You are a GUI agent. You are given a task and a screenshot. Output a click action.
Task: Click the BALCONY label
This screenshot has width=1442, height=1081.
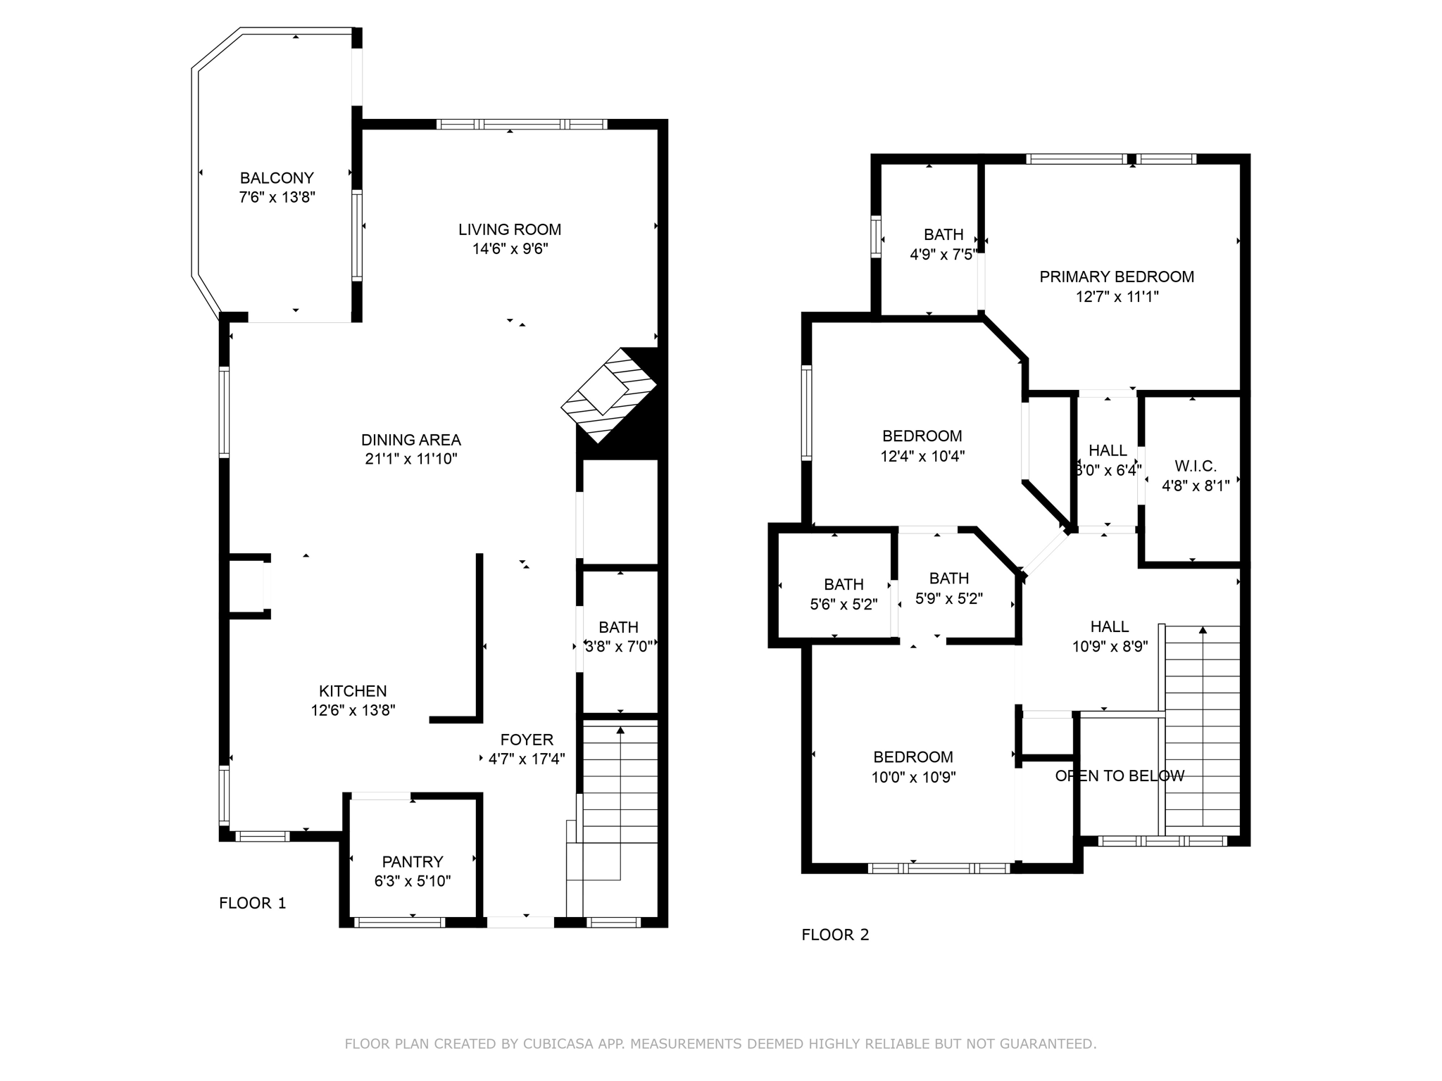click(277, 178)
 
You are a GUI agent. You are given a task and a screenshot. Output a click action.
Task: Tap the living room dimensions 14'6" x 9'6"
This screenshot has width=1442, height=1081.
click(510, 248)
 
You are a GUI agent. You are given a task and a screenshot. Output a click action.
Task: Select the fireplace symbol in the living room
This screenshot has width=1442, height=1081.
click(609, 395)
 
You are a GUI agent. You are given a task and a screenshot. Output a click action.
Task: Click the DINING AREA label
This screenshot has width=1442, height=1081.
click(410, 440)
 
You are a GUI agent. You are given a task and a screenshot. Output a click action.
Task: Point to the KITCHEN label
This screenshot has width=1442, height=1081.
click(353, 691)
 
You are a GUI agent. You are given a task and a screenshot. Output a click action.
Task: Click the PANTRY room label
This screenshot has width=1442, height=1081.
click(413, 861)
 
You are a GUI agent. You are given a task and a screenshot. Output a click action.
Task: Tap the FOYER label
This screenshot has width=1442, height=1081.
click(527, 740)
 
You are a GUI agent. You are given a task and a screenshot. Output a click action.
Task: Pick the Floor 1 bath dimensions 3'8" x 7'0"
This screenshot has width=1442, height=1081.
click(619, 646)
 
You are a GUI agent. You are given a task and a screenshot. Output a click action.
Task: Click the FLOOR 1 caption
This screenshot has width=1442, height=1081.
click(253, 903)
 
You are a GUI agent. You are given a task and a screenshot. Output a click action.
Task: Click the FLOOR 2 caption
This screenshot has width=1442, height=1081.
click(835, 935)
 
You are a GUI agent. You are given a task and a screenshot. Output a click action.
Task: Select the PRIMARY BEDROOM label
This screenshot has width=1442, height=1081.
click(1117, 277)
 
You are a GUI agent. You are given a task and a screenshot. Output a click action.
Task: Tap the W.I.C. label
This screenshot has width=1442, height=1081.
click(1196, 466)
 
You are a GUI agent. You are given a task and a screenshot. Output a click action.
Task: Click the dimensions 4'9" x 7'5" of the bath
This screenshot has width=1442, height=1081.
click(943, 254)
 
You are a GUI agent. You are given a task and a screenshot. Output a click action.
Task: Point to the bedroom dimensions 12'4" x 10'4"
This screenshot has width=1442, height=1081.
click(922, 456)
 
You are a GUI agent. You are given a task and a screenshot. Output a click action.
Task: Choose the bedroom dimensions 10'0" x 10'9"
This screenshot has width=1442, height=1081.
click(913, 777)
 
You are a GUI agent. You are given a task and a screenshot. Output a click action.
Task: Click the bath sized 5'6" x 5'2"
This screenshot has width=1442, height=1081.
click(844, 595)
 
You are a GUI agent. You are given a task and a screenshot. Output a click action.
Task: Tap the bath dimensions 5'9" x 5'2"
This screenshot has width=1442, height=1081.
click(948, 598)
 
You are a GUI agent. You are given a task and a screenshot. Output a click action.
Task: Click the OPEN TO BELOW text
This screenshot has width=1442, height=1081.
click(1120, 776)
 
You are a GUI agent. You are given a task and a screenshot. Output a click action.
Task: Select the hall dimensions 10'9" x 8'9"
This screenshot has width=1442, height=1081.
click(1110, 646)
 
